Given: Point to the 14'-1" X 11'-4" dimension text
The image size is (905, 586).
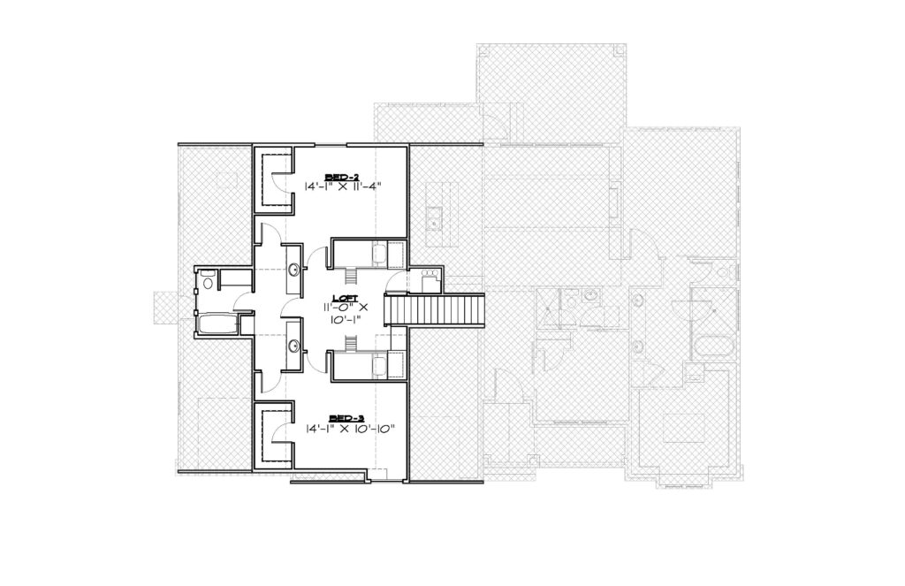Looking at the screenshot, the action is [x=344, y=186].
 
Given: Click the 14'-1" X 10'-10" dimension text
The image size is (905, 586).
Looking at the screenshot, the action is [x=350, y=429].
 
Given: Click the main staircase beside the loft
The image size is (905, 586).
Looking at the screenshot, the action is [x=434, y=310].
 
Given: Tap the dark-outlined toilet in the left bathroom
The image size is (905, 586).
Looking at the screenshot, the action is [x=209, y=280].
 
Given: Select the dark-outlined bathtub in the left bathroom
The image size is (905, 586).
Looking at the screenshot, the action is [x=217, y=324].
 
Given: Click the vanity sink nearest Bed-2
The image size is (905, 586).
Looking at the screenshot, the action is [x=294, y=269].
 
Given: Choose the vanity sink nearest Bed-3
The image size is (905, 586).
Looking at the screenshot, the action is [x=294, y=346].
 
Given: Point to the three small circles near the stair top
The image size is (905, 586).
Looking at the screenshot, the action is [x=430, y=272].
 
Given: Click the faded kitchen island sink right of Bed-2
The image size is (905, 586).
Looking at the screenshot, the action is [x=433, y=217].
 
